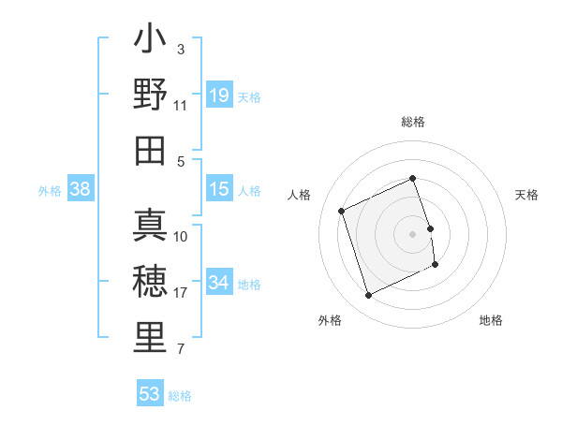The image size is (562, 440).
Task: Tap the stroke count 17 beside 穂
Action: tap(182, 293)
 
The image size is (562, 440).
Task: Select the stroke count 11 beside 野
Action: tap(181, 106)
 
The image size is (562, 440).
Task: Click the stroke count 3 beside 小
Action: tap(181, 49)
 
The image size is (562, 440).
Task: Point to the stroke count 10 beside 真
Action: tap(181, 236)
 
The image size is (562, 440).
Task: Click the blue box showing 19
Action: tap(218, 95)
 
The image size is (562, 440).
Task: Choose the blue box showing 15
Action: tap(218, 189)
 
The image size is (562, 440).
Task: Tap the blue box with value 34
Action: tap(218, 283)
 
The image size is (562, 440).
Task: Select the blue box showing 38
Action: tap(81, 189)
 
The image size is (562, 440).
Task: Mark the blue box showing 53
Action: tap(150, 394)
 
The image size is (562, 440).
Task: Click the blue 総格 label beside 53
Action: tap(180, 396)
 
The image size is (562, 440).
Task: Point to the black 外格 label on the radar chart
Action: tap(330, 320)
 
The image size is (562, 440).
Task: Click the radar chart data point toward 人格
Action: tap(342, 211)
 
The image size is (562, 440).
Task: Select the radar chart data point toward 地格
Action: tap(436, 266)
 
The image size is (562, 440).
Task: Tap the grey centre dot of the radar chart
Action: tap(412, 233)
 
